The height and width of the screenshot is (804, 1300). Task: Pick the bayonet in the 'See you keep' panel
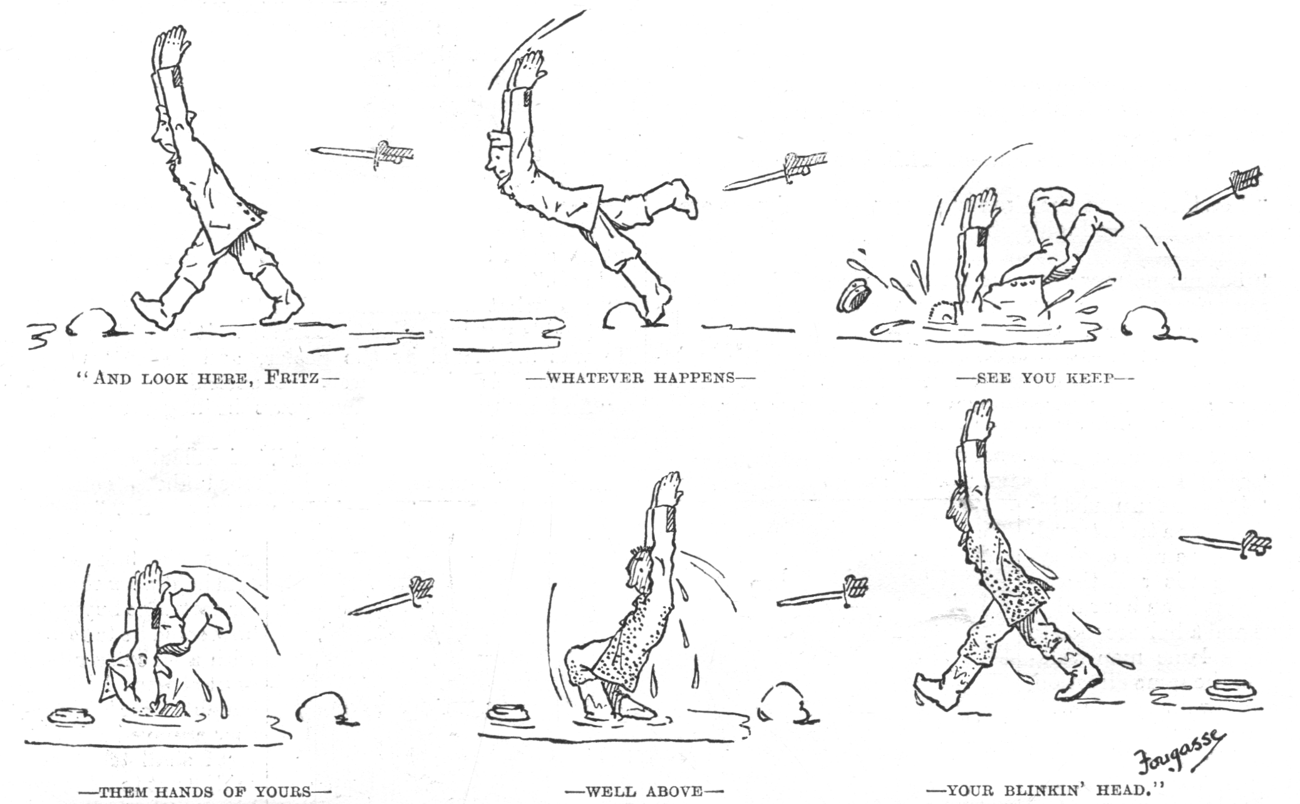1221,192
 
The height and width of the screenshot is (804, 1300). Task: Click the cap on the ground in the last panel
1235,688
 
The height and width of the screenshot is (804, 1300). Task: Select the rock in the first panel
92,321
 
